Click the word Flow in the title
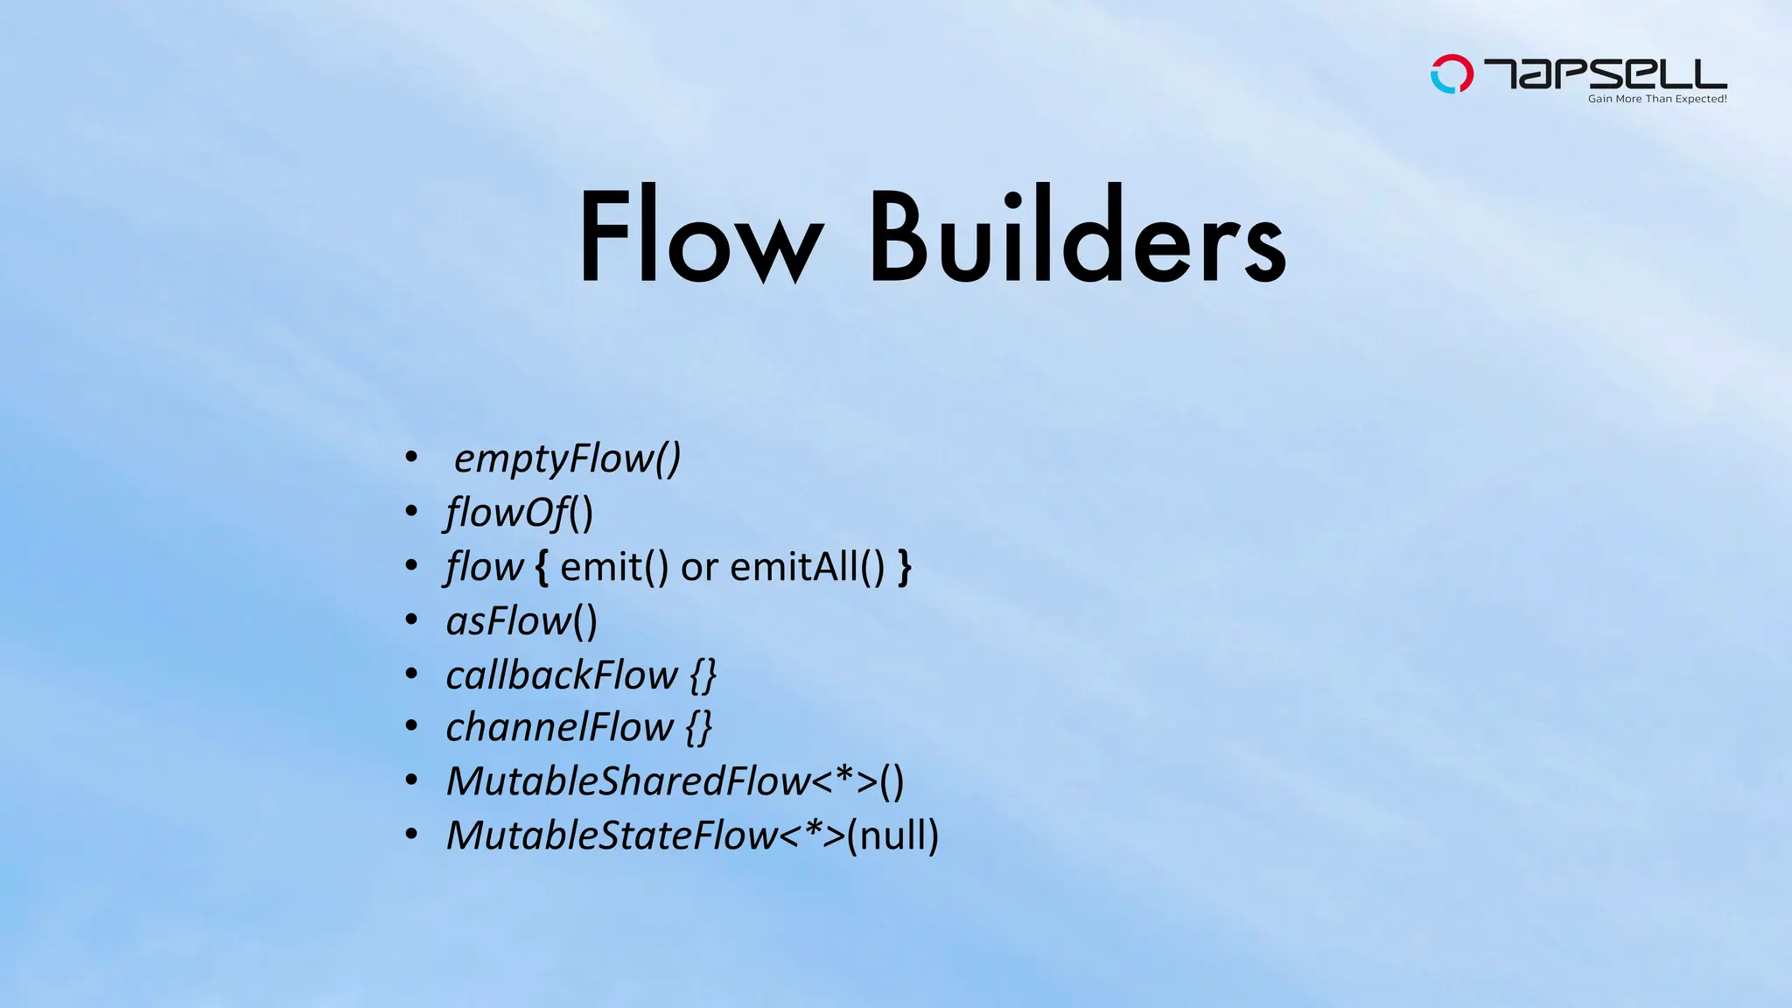(701, 236)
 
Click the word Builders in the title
(1077, 236)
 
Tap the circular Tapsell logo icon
(1451, 74)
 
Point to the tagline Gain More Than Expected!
(1656, 99)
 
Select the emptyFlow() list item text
(567, 458)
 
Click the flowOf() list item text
(519, 513)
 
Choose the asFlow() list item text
(521, 621)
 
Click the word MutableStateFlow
(612, 836)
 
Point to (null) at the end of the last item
(893, 836)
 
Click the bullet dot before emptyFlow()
(411, 456)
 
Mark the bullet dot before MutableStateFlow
(411, 834)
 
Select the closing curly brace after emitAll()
(905, 568)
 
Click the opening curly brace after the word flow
(542, 568)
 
